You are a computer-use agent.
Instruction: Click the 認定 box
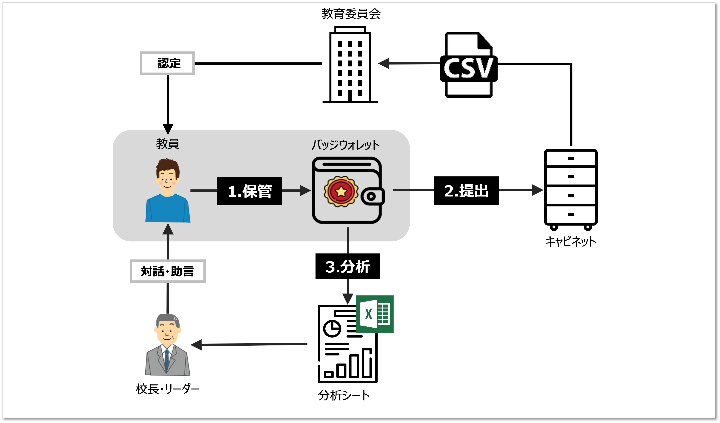point(167,63)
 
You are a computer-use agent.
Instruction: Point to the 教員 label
point(167,144)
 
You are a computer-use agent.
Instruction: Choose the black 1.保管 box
point(249,191)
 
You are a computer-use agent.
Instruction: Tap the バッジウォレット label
point(346,145)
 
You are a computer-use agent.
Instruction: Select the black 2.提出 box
point(466,190)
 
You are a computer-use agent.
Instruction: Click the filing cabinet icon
point(570,189)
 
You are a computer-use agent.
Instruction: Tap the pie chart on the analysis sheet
point(332,329)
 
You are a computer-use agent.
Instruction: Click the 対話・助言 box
point(167,271)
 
